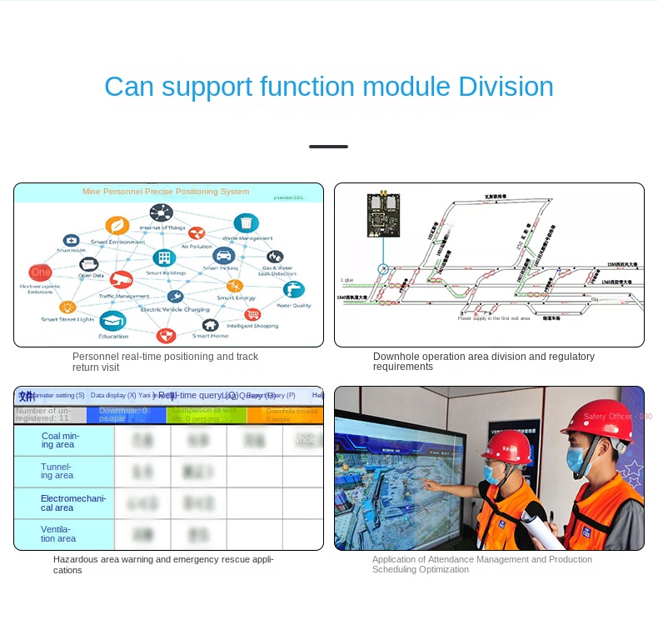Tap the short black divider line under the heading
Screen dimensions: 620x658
click(328, 147)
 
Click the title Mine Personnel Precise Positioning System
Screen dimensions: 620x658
click(166, 192)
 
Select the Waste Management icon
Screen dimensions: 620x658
click(246, 223)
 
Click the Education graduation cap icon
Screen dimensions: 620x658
click(112, 321)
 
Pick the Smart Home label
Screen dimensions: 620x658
click(210, 336)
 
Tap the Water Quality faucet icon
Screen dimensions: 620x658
click(293, 289)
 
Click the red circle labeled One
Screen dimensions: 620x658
click(40, 272)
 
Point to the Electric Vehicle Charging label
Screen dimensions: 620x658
click(175, 309)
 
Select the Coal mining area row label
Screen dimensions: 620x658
click(61, 440)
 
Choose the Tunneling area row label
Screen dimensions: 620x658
click(57, 472)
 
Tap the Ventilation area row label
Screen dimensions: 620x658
click(58, 533)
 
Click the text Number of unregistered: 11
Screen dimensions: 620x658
click(43, 414)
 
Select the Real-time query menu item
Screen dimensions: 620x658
click(198, 396)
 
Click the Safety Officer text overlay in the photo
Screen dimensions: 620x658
click(617, 416)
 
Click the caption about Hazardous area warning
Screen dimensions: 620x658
click(162, 564)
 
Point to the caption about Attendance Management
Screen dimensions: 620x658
click(481, 564)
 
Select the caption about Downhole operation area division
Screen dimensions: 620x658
click(483, 362)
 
